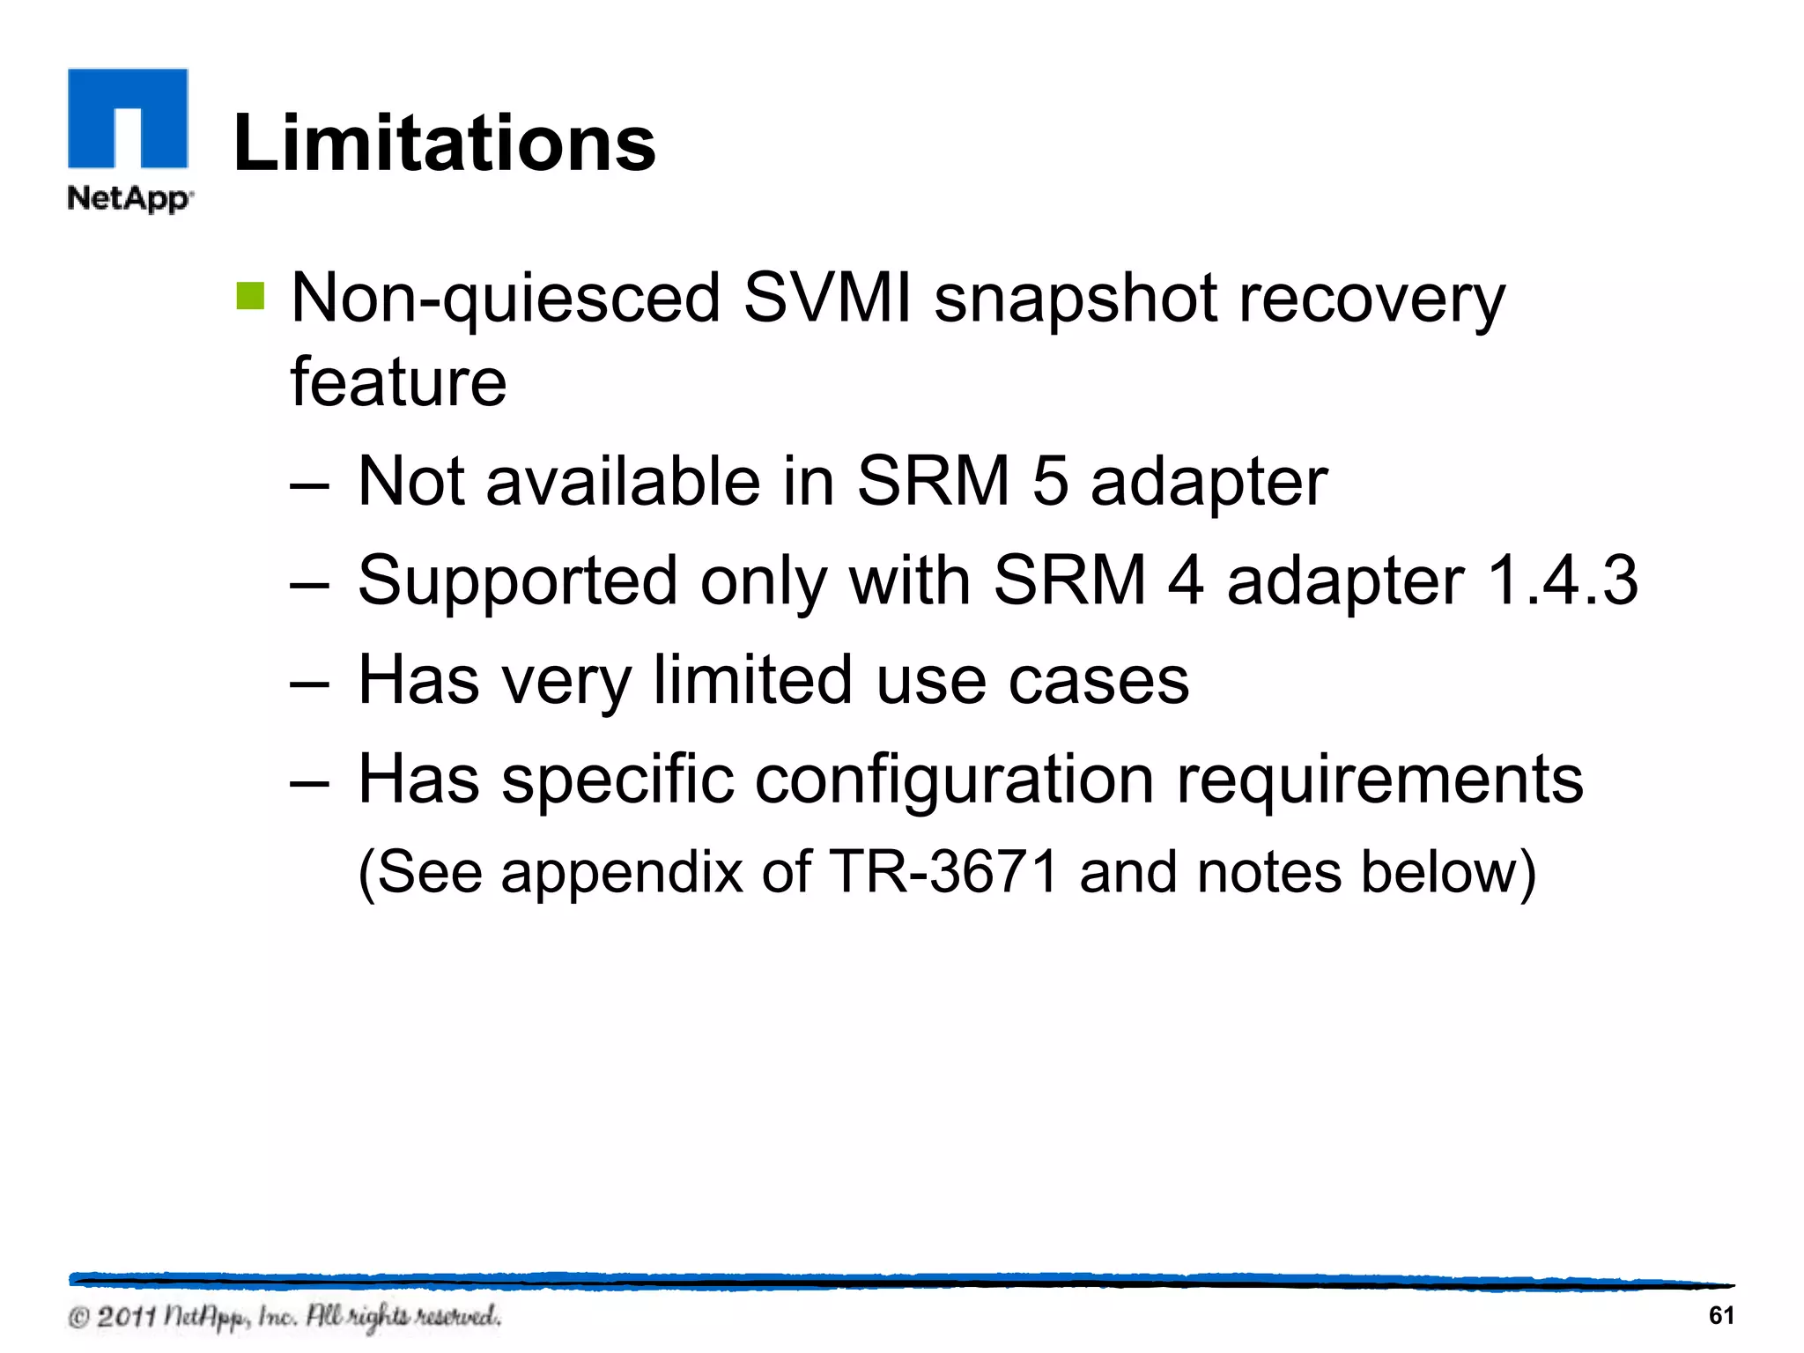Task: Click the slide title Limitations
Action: tap(444, 144)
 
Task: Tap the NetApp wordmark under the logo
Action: tap(129, 198)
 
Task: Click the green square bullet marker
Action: tap(250, 296)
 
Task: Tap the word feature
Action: tap(398, 381)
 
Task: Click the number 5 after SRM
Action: tap(1049, 482)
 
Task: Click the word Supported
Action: tap(517, 582)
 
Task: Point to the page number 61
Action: tap(1721, 1315)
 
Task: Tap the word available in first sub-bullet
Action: tap(623, 482)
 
